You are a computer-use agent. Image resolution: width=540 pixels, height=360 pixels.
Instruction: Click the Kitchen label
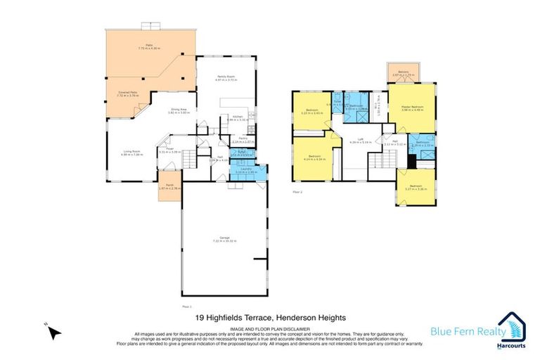pos(237,117)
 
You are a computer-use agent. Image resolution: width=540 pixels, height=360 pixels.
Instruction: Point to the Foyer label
pos(169,150)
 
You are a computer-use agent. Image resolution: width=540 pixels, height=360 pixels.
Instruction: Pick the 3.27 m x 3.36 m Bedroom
pos(416,188)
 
